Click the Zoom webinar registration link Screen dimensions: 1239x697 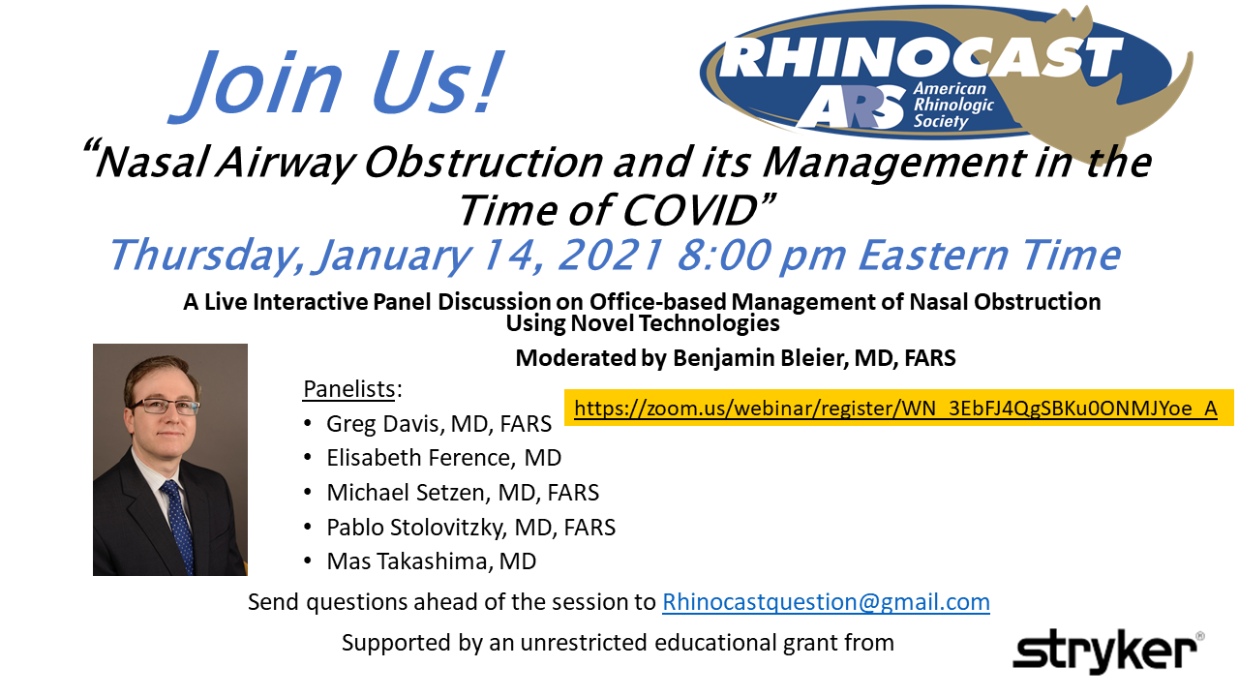895,409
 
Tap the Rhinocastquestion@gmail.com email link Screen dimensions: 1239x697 826,602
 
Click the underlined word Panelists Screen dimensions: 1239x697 349,389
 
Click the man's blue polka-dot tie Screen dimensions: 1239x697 178,526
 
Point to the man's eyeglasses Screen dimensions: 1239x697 165,408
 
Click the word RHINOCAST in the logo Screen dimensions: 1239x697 921,57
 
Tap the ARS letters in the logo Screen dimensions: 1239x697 852,108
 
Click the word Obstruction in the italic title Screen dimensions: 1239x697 484,163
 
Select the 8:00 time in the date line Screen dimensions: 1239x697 723,255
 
